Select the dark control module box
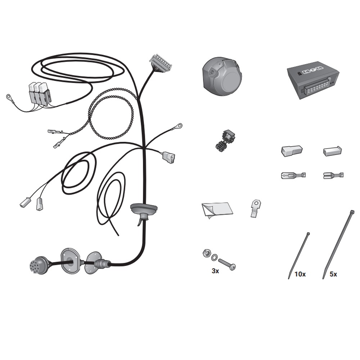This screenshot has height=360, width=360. tap(313, 80)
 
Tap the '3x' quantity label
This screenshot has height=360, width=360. tap(215, 271)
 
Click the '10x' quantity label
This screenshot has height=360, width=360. tap(300, 274)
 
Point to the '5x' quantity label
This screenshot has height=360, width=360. tap(333, 274)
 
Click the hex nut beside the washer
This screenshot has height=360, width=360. tap(206, 253)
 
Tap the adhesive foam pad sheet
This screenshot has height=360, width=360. tap(217, 210)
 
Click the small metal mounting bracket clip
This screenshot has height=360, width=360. tap(256, 208)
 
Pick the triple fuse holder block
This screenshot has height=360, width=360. tap(40, 93)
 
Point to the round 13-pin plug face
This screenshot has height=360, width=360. tap(37, 265)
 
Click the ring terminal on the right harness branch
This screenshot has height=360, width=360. tap(179, 126)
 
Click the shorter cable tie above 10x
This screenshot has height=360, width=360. tap(299, 255)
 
